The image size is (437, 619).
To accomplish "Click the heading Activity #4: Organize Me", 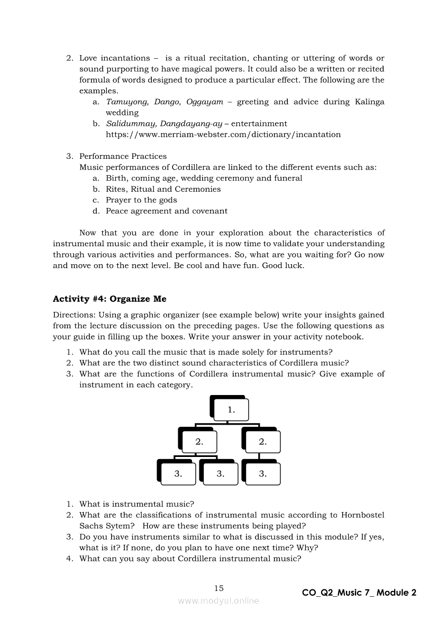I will (x=110, y=299).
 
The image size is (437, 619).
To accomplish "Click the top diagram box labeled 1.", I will (x=231, y=410).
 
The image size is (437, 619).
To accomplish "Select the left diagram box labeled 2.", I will (x=199, y=442).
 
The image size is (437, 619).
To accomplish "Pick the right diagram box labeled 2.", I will (x=262, y=442).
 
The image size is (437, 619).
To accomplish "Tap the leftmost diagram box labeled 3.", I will (x=178, y=474).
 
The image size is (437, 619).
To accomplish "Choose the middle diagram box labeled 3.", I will (x=220, y=474).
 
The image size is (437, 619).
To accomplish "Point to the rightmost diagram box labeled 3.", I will (x=262, y=474).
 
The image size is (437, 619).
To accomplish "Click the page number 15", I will (x=219, y=588).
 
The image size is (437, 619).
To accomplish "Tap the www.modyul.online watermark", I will (x=218, y=600).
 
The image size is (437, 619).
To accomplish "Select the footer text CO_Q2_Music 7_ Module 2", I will (x=359, y=593).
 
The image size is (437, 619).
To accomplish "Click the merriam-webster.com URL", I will (x=223, y=134).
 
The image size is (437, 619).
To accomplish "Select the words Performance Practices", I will (x=123, y=156).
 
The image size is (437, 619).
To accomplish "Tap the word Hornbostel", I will (x=362, y=515).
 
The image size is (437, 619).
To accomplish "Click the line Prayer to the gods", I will (x=141, y=200).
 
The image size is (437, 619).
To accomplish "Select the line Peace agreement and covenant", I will (x=167, y=211).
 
